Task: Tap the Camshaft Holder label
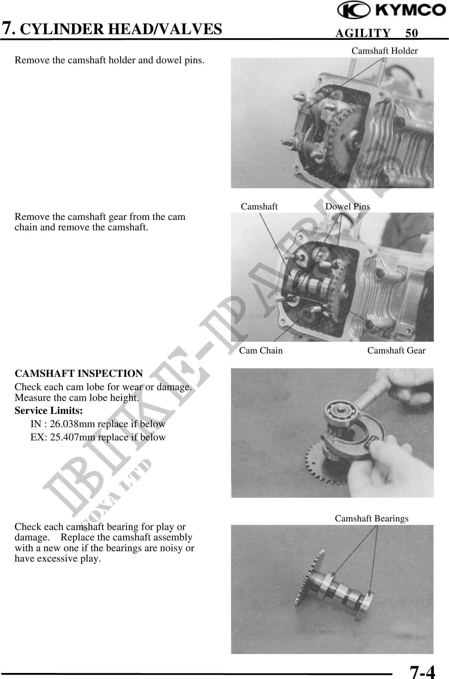coord(384,51)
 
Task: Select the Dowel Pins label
coord(347,206)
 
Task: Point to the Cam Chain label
coord(261,350)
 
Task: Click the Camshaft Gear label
coord(396,350)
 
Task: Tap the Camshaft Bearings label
coord(371,518)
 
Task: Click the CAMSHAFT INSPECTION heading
coord(79,373)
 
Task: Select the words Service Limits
coord(49,411)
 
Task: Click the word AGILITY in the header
coord(363,33)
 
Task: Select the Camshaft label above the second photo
coord(259,206)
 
